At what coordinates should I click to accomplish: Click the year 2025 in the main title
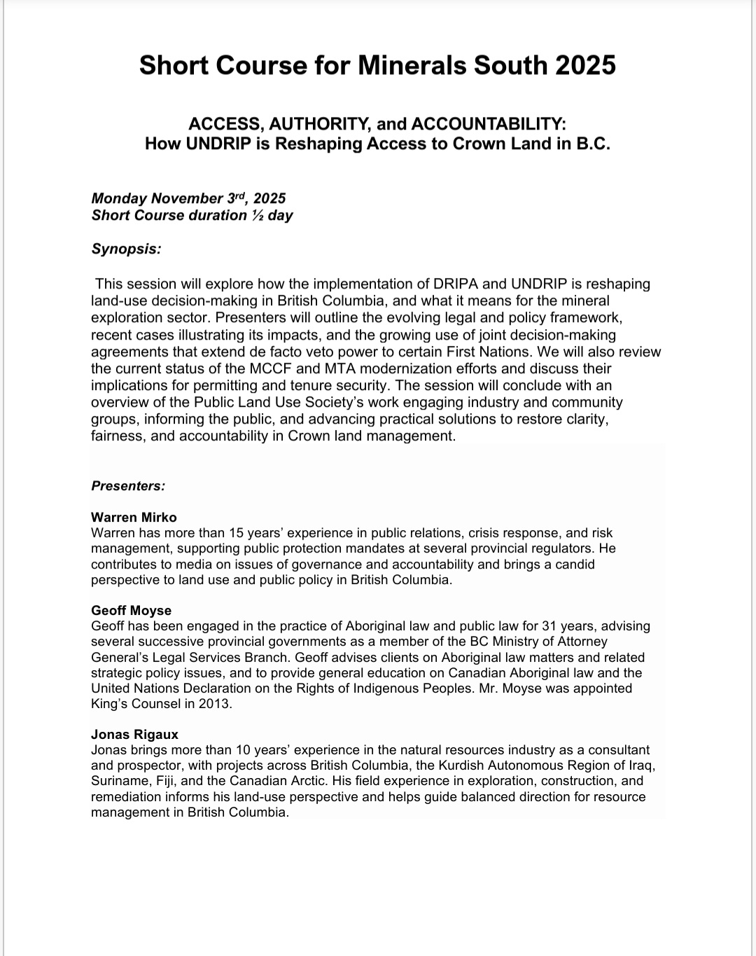pyautogui.click(x=586, y=65)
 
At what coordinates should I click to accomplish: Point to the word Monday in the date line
pyautogui.click(x=119, y=198)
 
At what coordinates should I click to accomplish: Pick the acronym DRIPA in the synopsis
pyautogui.click(x=454, y=284)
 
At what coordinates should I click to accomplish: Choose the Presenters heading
pyautogui.click(x=128, y=486)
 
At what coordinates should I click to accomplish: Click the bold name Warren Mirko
pyautogui.click(x=134, y=518)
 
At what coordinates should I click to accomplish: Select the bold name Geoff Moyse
pyautogui.click(x=131, y=611)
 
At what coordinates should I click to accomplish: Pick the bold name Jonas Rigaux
pyautogui.click(x=134, y=735)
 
